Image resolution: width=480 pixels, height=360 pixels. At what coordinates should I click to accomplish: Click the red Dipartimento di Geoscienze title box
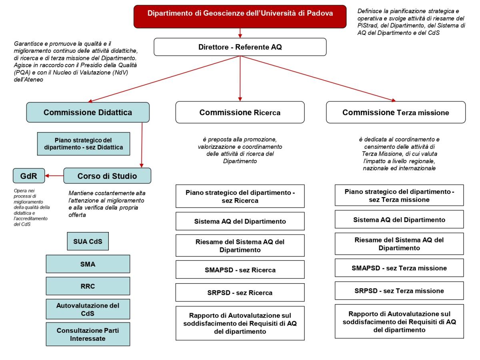240,17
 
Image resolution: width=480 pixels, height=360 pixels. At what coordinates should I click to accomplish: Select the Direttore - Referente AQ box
240,47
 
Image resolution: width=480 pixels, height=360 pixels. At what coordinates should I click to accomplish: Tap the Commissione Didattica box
88,112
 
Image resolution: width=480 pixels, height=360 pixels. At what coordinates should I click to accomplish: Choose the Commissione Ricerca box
240,112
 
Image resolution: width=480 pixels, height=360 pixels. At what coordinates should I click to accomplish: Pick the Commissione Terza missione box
396,112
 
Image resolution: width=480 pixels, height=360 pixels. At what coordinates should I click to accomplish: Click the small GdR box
29,176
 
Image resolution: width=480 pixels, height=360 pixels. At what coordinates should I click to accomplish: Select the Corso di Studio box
107,176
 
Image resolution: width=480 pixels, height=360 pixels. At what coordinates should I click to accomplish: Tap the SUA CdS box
88,241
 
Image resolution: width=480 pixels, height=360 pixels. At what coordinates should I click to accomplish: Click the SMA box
88,264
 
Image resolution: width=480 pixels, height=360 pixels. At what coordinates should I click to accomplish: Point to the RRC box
88,286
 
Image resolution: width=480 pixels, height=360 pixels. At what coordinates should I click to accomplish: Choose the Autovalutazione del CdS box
88,309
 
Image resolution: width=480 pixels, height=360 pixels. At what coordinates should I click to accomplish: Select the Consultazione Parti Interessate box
88,334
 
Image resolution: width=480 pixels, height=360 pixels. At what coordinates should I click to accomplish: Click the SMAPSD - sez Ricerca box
240,270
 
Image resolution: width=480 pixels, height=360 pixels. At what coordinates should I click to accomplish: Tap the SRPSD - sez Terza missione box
399,291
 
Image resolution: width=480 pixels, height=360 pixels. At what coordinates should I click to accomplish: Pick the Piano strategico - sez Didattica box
83,144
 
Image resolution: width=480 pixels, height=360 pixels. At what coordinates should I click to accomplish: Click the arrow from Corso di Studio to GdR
54,176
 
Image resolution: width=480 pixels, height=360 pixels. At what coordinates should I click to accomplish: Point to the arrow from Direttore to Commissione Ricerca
240,78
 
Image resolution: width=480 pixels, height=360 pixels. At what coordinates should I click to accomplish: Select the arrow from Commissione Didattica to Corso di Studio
142,145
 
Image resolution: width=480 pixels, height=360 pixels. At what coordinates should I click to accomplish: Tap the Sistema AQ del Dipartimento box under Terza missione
399,220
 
